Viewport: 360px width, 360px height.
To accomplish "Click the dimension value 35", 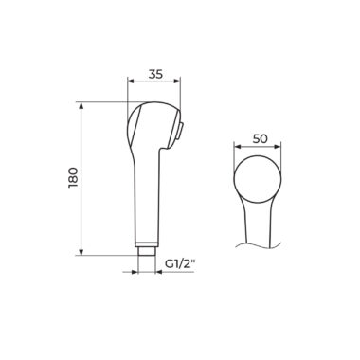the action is pos(155,74).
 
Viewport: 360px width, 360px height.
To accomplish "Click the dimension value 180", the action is pos(73,178).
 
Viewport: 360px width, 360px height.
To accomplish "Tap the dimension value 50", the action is pos(261,139).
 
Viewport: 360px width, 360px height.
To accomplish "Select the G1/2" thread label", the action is pos(179,264).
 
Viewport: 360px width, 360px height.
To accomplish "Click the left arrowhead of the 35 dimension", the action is pos(131,81).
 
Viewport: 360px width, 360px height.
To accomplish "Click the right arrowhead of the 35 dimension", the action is pos(176,81).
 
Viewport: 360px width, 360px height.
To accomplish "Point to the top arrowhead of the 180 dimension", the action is pos(81,105).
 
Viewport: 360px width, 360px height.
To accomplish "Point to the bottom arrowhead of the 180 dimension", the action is pos(81,251).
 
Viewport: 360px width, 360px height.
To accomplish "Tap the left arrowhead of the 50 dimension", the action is pos(237,147).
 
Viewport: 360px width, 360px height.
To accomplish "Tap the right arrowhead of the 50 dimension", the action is pos(277,147).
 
